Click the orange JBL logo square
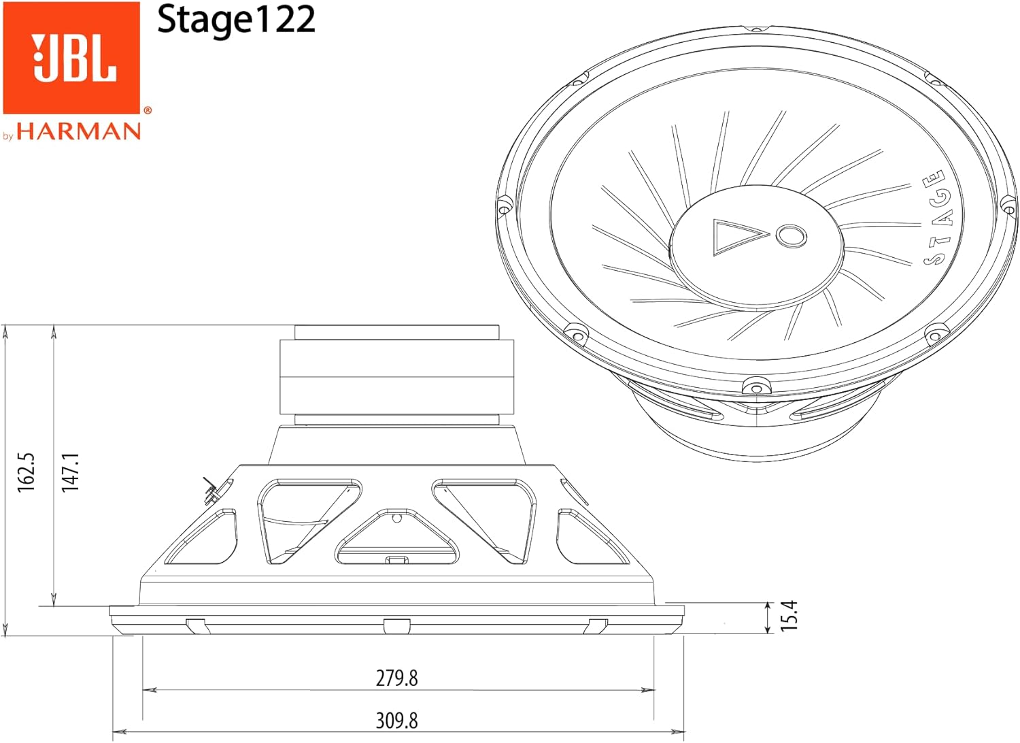[x=71, y=57]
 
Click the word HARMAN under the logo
[x=79, y=131]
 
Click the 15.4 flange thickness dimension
[x=789, y=616]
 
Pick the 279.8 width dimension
[x=397, y=678]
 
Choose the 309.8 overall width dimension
[x=397, y=720]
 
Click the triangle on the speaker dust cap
[x=738, y=236]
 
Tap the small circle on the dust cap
[x=791, y=235]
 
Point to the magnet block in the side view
[x=396, y=377]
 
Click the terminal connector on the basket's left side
[x=211, y=492]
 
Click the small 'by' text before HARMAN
[x=8, y=136]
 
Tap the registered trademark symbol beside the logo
[x=148, y=110]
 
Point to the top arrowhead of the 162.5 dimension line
[x=5, y=330]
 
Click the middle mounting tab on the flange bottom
[x=396, y=626]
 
